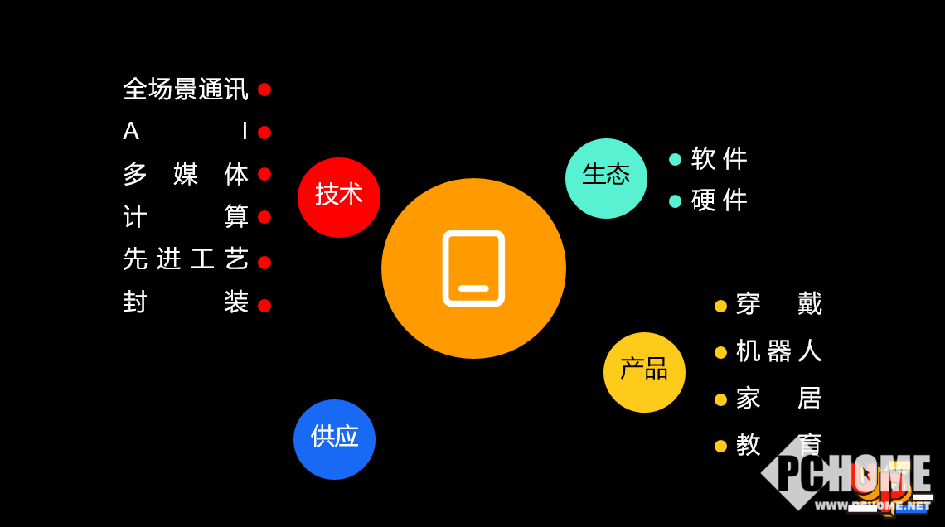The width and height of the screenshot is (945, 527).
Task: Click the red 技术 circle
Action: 339,197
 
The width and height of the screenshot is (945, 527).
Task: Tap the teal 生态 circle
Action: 606,178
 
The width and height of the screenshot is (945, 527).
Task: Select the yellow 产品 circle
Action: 644,372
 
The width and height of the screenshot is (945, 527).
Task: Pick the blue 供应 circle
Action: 334,439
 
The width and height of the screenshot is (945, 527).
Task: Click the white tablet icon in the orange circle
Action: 473,268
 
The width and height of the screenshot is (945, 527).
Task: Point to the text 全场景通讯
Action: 185,89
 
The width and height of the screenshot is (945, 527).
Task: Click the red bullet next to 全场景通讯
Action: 264,89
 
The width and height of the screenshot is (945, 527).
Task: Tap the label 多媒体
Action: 185,175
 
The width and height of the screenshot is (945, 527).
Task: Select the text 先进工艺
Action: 185,259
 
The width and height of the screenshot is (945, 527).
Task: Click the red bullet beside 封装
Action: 264,306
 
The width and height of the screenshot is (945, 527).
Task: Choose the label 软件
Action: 719,158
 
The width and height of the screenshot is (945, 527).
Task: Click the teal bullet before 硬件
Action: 675,201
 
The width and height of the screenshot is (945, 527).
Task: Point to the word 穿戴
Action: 778,304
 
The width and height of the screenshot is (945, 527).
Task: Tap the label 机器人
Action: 778,351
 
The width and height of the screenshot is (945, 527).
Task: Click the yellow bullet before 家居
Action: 720,399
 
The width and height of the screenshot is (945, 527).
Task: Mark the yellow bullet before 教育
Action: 720,446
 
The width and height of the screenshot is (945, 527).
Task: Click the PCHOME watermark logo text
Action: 854,476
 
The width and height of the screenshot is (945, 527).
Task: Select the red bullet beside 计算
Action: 264,217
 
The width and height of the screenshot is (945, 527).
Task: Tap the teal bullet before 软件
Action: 675,159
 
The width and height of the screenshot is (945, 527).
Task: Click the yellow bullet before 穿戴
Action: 720,306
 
